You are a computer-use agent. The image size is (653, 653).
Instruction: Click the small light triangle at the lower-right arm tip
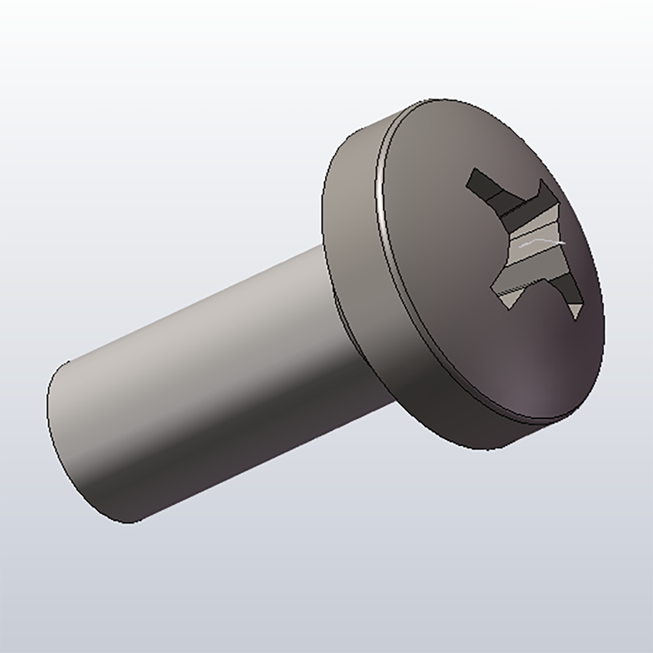click(x=575, y=310)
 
